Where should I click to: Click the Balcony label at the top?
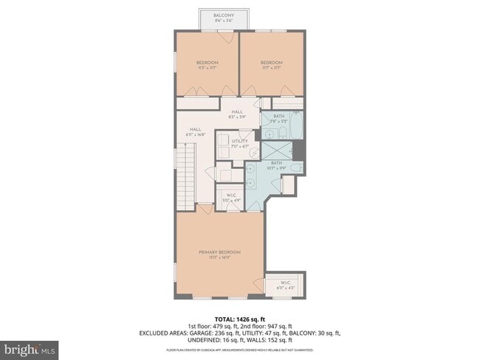coord(224,18)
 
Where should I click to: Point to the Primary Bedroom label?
coord(219,255)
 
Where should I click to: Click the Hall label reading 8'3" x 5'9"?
coord(237,114)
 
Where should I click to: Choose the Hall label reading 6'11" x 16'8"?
coord(196,132)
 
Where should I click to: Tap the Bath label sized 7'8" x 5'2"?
coord(278,118)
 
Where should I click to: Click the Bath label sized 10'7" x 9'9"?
coord(276,165)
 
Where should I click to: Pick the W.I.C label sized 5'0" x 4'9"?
coord(230,197)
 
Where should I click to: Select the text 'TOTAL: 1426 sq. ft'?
coord(239,319)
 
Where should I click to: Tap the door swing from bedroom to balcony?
coord(230,38)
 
